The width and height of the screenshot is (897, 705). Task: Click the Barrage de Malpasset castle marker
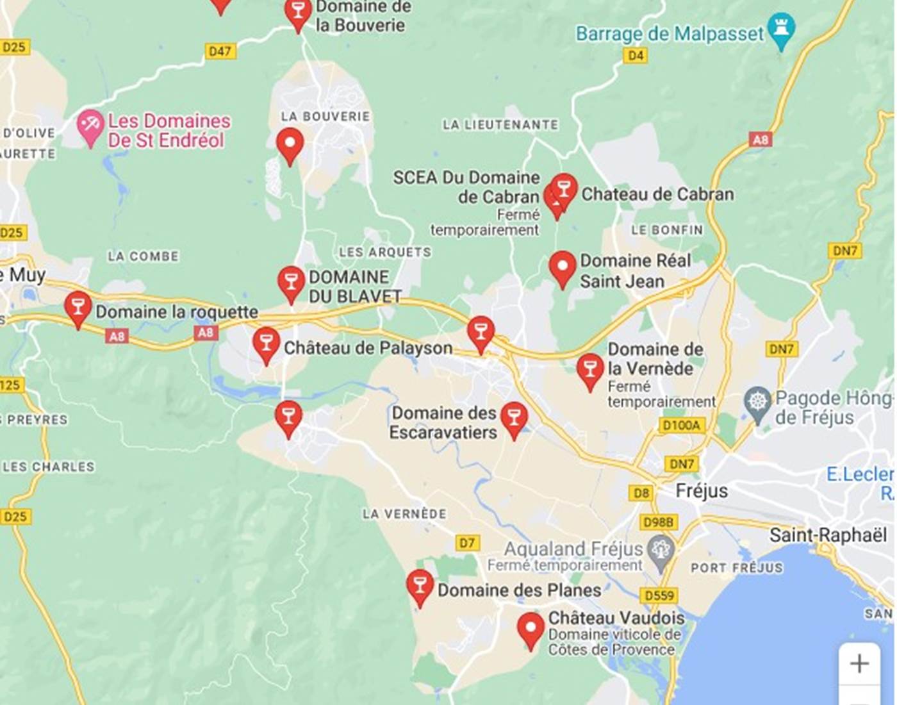tap(780, 29)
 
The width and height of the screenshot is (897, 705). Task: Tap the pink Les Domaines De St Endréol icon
tap(90, 126)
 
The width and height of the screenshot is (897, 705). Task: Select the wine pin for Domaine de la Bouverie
tap(298, 13)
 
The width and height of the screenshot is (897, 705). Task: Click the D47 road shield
tap(220, 51)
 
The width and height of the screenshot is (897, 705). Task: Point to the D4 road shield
tap(635, 56)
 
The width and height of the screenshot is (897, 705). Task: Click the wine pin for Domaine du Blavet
tap(291, 283)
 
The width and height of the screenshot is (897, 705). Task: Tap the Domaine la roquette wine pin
tap(78, 308)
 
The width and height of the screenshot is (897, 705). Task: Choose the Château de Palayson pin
tap(266, 344)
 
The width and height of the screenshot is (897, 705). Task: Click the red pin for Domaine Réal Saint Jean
tap(563, 267)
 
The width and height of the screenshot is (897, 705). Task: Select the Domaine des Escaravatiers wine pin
tap(514, 419)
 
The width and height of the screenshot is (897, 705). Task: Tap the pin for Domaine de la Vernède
tap(589, 370)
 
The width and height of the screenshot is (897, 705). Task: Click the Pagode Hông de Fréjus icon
tap(758, 403)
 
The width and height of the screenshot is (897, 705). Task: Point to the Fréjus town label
tap(702, 491)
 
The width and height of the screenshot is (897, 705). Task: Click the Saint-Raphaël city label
tap(828, 535)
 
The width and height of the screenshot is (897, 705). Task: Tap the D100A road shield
tap(682, 426)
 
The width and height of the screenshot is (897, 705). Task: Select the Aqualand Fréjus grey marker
tap(660, 552)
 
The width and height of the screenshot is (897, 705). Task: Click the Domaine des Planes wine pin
tap(420, 586)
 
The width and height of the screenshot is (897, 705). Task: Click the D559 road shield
tap(659, 595)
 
